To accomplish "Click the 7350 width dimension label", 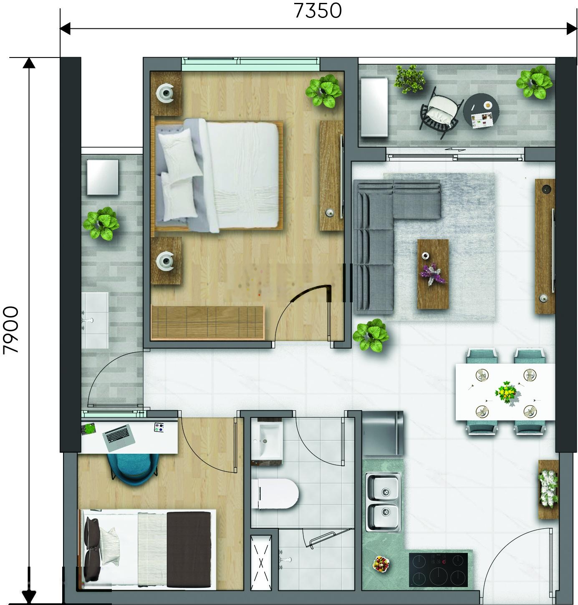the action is tap(318, 11).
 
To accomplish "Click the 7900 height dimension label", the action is tap(11, 330).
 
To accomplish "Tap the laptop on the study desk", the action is tap(119, 434).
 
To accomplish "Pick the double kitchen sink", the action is tap(383, 502).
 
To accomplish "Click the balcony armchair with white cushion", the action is tap(441, 112).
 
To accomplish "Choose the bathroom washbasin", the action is tap(267, 440).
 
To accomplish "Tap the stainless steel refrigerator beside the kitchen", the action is tap(383, 433).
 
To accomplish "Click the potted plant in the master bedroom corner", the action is tap(323, 91).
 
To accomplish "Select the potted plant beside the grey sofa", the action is tap(371, 335).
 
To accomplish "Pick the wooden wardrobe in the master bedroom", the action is tap(208, 322).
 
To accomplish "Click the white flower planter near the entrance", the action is tap(548, 489).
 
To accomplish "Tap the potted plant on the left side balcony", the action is tap(101, 223).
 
